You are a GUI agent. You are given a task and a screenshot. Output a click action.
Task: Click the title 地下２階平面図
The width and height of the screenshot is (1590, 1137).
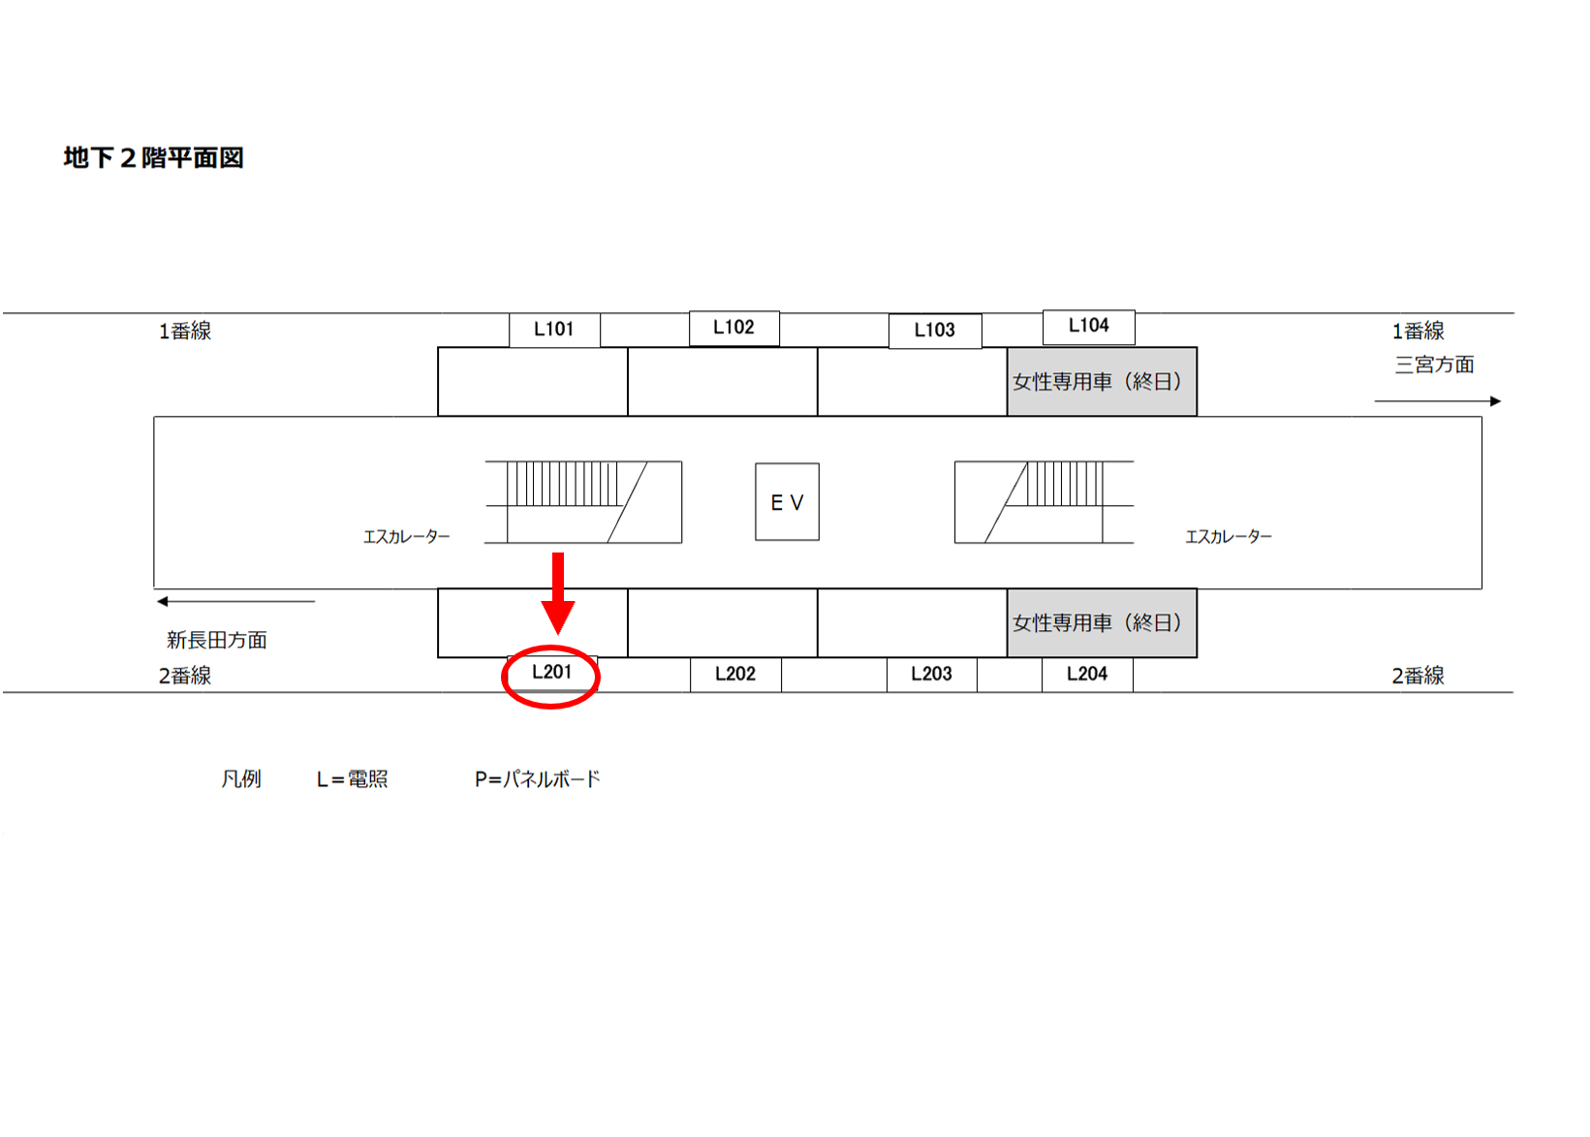coord(153,158)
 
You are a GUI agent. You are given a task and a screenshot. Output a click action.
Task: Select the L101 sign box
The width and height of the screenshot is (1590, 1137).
coord(554,330)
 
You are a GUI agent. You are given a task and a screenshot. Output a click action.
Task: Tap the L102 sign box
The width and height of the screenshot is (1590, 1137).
coord(733,328)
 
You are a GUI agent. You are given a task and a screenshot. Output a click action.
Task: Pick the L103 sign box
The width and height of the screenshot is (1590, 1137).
coord(935,331)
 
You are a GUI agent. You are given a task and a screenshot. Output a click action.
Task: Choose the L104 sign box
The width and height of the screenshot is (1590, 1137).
coord(1089,327)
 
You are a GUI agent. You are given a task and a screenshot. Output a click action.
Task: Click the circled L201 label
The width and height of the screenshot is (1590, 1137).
coord(551,672)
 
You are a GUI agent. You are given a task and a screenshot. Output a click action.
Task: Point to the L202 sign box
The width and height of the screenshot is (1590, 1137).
coord(735,674)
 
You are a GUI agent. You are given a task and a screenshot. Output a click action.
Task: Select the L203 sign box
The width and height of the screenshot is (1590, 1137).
coord(932,674)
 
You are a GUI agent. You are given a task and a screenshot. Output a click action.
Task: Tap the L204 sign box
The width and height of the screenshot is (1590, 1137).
coord(1087,674)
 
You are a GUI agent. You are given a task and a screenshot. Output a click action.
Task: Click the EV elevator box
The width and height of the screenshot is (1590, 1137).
coord(787,502)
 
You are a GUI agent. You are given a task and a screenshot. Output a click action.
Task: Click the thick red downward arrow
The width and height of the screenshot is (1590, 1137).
coord(558,594)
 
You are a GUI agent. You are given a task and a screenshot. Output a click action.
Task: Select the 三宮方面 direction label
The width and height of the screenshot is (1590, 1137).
coord(1435,365)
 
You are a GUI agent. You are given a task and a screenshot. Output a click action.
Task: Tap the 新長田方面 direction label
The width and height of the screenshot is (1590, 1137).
coord(217,641)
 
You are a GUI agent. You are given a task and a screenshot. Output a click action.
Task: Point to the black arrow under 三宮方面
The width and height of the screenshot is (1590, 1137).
coord(1437,401)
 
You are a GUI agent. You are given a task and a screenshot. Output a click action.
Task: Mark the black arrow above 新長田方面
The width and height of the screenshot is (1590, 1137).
coord(235,602)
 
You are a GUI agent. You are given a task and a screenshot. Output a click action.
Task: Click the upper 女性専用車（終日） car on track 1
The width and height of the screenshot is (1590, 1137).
coord(1102,381)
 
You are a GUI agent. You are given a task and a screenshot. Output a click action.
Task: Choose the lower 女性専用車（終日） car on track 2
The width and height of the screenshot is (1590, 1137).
coord(1102,623)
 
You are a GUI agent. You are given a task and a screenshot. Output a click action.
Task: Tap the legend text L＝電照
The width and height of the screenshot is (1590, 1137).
coord(352,779)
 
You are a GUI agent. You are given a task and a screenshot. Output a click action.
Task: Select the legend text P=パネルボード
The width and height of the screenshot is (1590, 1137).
coord(538,779)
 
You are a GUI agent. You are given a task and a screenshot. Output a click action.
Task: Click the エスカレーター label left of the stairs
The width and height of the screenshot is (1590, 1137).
coord(407,537)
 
